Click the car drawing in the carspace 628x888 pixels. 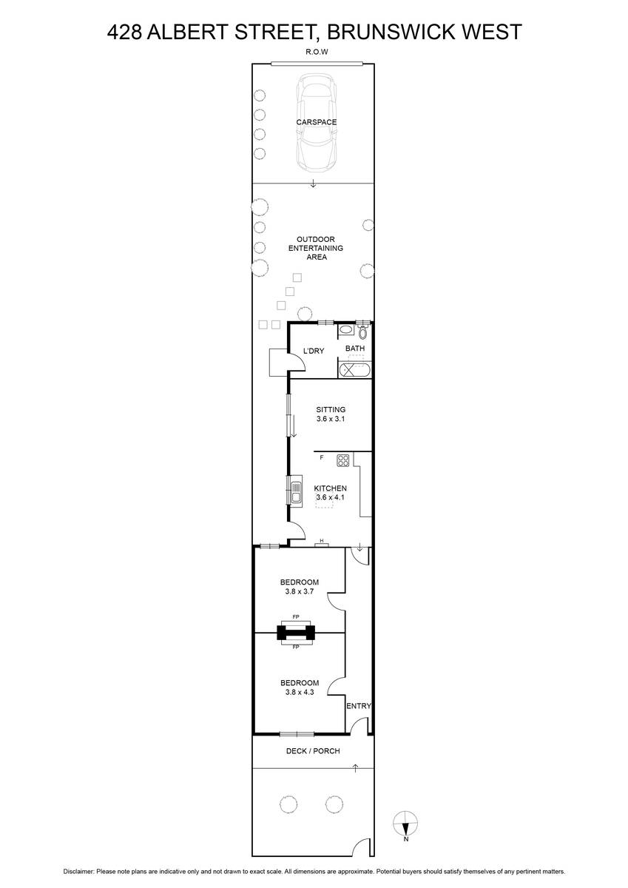(x=317, y=123)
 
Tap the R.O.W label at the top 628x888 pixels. (x=317, y=52)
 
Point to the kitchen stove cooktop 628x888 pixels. (x=342, y=460)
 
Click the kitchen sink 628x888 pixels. (x=296, y=491)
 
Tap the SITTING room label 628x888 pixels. (x=331, y=409)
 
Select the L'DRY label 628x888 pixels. (x=314, y=351)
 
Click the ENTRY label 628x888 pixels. (x=359, y=706)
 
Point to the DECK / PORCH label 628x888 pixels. (x=313, y=751)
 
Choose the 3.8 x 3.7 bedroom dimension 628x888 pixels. (x=300, y=591)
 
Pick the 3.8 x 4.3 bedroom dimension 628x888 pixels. (x=300, y=692)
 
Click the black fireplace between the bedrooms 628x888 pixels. (x=296, y=632)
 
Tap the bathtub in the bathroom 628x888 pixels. (x=354, y=370)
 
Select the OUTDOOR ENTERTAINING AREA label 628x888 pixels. (x=316, y=248)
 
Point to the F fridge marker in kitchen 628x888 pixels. (x=322, y=457)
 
